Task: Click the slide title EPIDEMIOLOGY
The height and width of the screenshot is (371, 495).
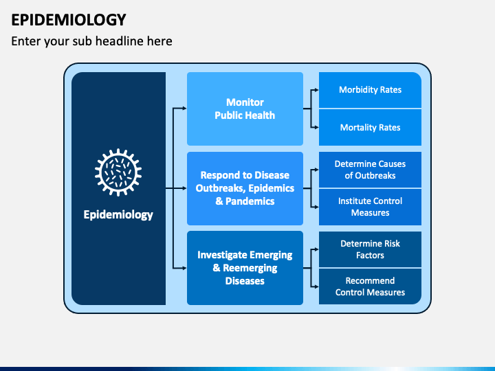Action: [68, 19]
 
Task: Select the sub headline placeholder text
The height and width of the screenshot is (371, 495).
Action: [91, 41]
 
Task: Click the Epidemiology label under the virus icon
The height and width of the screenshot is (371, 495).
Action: [118, 214]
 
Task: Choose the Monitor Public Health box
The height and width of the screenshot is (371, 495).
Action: [245, 109]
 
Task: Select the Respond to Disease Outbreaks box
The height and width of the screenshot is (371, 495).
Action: [245, 188]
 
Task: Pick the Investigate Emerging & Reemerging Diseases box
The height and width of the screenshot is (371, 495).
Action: [245, 267]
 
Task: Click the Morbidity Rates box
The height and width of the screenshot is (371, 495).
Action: [370, 90]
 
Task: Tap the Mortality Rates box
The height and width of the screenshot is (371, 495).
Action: [370, 127]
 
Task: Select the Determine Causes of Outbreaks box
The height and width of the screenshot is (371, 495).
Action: [370, 170]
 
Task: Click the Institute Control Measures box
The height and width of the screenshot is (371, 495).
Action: [370, 207]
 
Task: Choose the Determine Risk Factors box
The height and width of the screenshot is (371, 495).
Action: [370, 249]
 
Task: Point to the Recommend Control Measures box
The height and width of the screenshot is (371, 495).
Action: [370, 286]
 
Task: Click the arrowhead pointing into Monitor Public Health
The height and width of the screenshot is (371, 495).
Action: [184, 109]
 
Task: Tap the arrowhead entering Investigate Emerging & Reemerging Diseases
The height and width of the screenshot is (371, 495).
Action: [184, 267]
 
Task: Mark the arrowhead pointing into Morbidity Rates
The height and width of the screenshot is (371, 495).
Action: [315, 90]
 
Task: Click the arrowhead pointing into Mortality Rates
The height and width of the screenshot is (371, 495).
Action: [315, 127]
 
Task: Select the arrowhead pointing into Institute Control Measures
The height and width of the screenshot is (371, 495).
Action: [315, 207]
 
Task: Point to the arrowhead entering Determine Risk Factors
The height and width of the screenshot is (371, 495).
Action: [315, 249]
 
